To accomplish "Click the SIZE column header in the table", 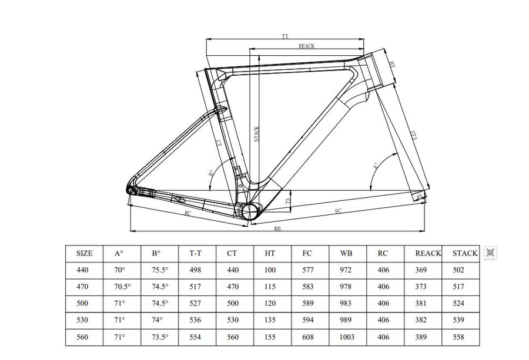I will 85,254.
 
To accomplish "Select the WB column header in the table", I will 346,254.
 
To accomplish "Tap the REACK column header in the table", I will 427,254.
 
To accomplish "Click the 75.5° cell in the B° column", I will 159,270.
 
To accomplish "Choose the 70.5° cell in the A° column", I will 122,287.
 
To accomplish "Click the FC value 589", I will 308,303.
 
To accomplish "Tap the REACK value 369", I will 421,270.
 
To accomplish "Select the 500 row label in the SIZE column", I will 85,303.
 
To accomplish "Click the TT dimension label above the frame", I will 285,36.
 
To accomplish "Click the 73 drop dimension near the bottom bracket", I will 289,201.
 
